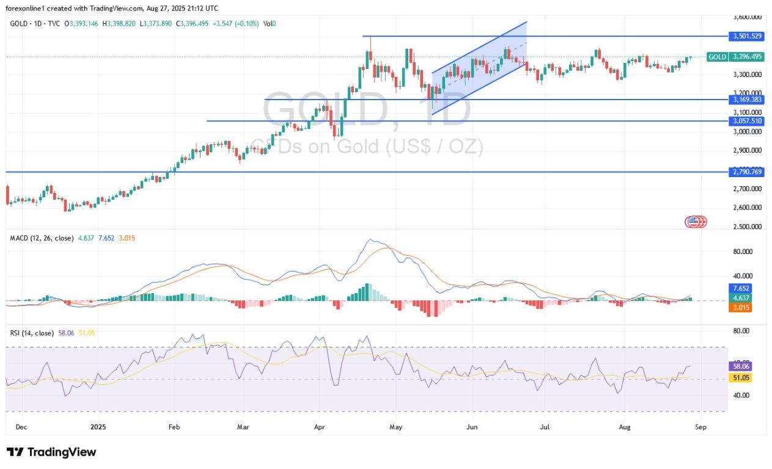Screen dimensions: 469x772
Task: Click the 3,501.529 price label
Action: click(x=747, y=36)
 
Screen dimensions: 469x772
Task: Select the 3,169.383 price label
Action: click(x=747, y=99)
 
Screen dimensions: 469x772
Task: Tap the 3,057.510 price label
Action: click(x=747, y=121)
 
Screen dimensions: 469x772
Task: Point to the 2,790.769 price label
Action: click(x=747, y=172)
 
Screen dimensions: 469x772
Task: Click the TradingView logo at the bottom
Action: click(x=51, y=452)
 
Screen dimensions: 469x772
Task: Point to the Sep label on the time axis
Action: click(x=700, y=427)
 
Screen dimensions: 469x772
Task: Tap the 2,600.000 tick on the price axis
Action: click(x=748, y=208)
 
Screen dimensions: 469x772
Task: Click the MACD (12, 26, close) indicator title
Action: click(x=42, y=238)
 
